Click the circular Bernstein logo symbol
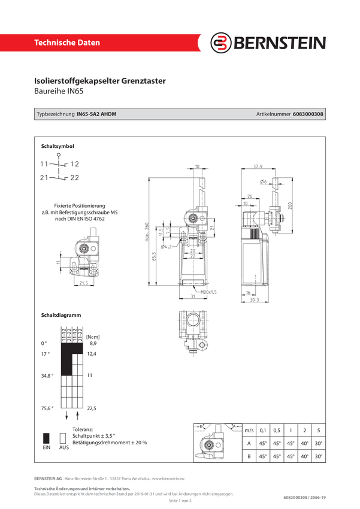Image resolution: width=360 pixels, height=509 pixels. (x=222, y=43)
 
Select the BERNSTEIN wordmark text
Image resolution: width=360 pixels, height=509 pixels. (x=278, y=43)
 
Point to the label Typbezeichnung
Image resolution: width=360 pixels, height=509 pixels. (x=56, y=114)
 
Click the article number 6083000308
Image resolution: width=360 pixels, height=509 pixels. (x=309, y=114)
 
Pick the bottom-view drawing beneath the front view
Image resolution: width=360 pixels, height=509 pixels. (x=193, y=331)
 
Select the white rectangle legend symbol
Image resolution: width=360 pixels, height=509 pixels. (x=61, y=438)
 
